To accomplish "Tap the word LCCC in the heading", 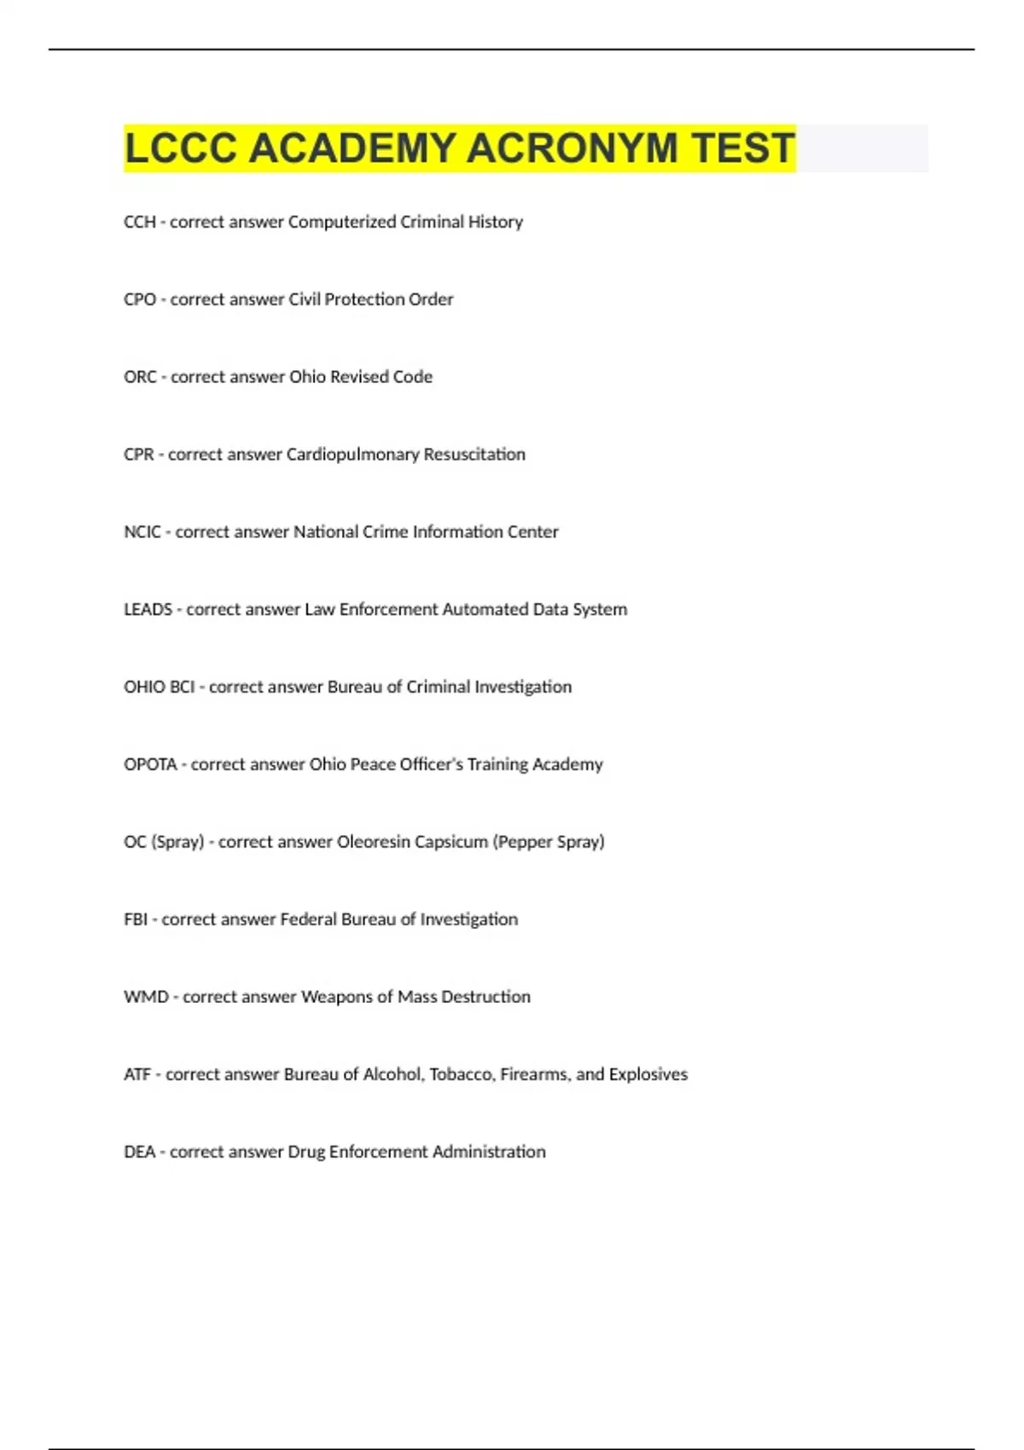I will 180,148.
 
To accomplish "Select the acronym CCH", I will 139,222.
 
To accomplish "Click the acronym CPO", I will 140,299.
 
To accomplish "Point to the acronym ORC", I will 140,377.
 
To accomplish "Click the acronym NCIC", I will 142,532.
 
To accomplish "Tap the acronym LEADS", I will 148,610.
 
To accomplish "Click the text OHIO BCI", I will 159,687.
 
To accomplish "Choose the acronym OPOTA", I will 150,765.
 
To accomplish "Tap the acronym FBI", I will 136,919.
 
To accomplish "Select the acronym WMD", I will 146,997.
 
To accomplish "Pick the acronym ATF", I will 137,1075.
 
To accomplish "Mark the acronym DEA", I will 139,1152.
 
